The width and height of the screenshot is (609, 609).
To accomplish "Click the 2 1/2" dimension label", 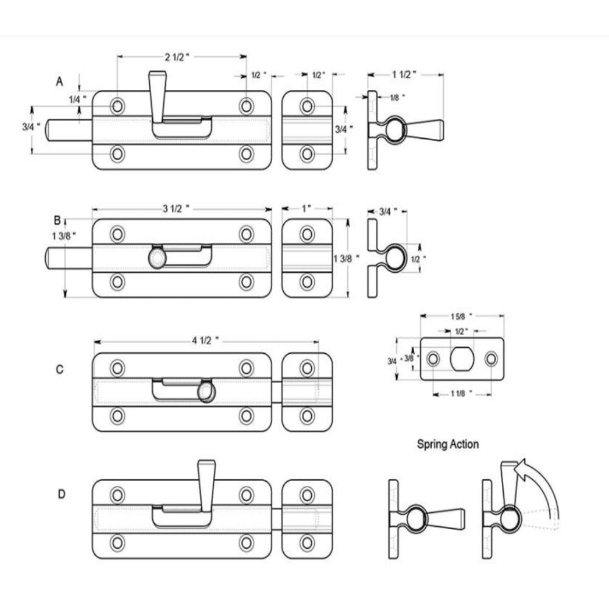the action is pos(177,57).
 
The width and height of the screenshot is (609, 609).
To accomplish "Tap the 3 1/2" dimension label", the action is pos(176,209).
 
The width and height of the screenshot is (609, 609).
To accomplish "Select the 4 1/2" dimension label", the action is pos(205,340).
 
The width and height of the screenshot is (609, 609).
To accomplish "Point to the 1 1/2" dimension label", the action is pos(404,74).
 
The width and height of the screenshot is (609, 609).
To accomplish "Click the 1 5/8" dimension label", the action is pos(462,316).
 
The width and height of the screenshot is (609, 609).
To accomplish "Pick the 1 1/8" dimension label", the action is pos(462,394).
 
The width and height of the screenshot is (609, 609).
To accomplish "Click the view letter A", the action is pos(60,82).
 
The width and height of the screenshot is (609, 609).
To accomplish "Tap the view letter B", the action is pos(57,220).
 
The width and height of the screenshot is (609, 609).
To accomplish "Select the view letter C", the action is pos(60,369).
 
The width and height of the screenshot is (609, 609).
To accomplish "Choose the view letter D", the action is pos(62,494).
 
